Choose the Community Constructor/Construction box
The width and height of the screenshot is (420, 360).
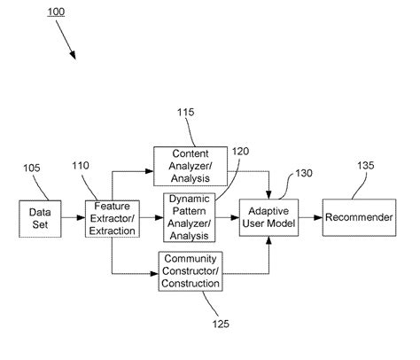click(190, 270)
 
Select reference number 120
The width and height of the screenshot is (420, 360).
click(240, 152)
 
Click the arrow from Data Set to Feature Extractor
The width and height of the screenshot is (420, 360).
click(73, 218)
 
